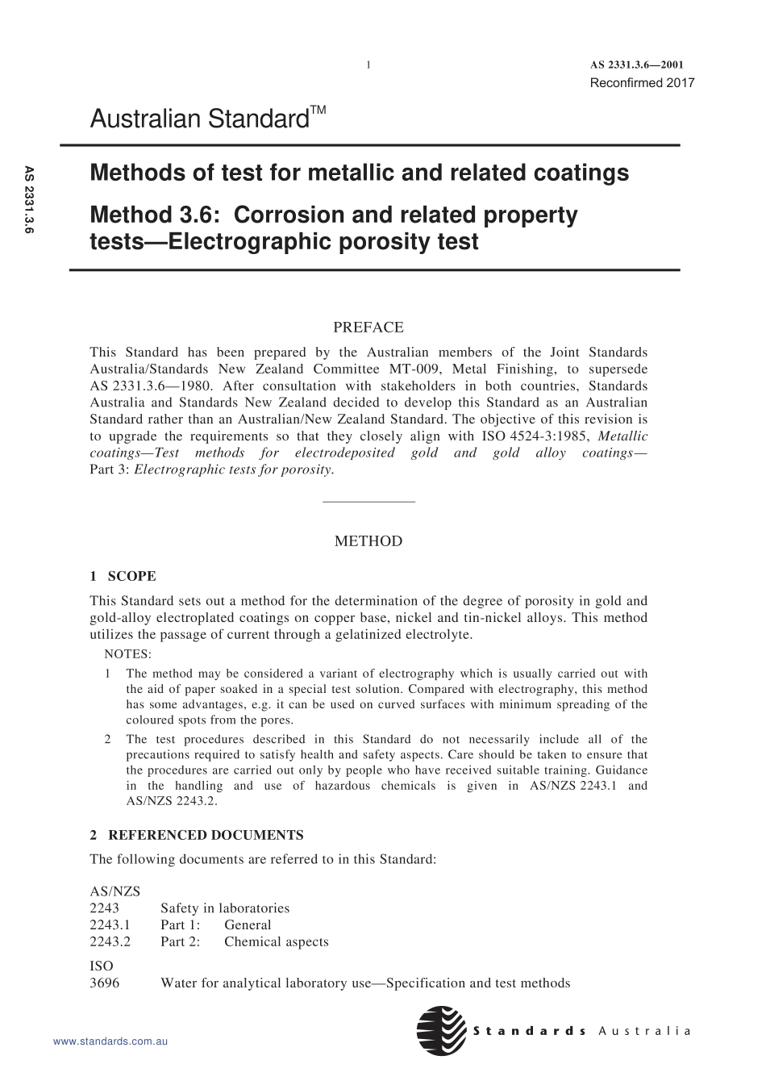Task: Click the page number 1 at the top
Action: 368,65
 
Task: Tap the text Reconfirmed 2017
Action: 642,82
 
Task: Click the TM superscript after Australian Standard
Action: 318,111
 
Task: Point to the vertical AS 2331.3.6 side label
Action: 29,200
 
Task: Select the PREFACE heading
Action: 368,328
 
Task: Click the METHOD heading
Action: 368,541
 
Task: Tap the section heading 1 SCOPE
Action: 123,576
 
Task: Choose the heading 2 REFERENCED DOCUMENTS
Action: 197,835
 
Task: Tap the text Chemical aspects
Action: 276,942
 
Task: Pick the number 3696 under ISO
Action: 104,983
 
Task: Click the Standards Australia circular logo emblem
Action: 441,1031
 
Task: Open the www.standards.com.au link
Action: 110,1041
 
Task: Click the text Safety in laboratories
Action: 225,908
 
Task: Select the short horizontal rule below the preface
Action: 368,503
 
